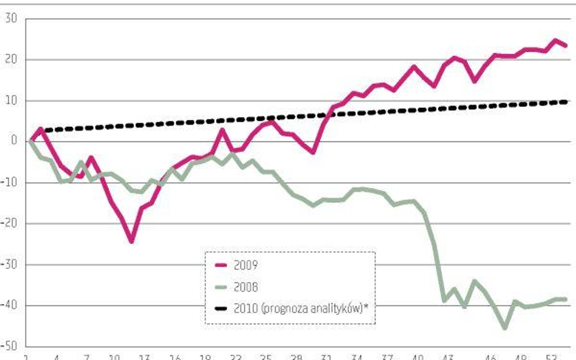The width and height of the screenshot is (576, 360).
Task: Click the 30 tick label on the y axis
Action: pos(11,19)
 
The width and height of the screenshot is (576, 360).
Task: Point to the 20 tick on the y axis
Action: pos(11,59)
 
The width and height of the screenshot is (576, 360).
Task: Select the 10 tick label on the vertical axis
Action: pos(12,101)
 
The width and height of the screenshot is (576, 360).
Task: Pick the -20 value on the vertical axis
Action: pos(10,223)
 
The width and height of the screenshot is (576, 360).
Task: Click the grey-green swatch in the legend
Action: pos(225,287)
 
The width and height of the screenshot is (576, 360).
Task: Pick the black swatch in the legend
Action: pos(225,308)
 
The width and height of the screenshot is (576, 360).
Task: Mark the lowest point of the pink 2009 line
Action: pos(131,241)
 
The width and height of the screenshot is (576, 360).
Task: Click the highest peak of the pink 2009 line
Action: pos(555,41)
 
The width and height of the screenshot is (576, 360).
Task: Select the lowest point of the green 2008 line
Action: pos(505,328)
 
